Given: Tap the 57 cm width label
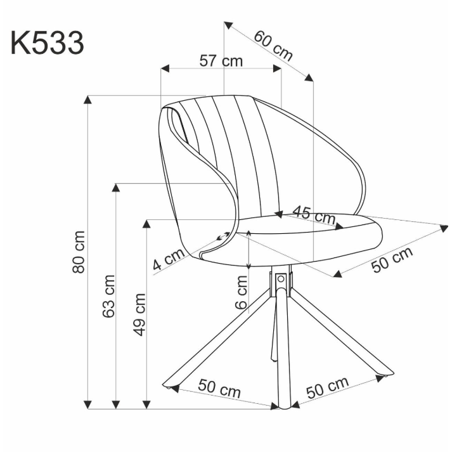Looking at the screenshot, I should point(221,61).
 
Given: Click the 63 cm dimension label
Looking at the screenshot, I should point(109,296).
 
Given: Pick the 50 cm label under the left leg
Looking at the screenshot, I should point(219,387).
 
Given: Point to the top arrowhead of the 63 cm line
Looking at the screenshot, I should point(116,188).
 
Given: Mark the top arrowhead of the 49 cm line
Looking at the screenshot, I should point(147,223).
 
